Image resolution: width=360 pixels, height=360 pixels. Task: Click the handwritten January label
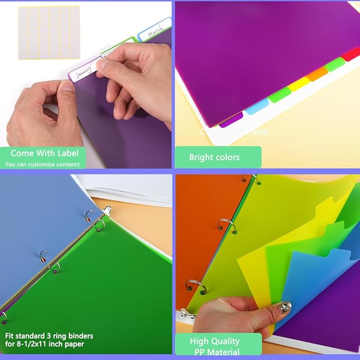pos(83,72)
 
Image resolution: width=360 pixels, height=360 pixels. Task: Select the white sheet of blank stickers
pos(48,32)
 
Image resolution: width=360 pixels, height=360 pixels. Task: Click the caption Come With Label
pos(44,153)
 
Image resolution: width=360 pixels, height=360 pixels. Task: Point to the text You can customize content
pos(42,164)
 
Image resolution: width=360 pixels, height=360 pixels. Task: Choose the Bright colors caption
pos(214,157)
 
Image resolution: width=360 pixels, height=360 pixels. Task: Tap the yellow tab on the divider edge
pos(298,83)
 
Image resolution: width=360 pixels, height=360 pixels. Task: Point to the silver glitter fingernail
pos(285,308)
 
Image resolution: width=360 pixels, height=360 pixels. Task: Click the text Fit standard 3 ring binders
pos(49,336)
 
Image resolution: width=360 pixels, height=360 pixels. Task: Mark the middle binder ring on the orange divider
pos(226,226)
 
